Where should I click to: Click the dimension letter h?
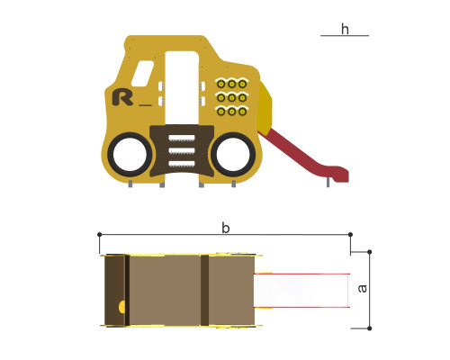[345, 29]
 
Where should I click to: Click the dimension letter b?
[226, 228]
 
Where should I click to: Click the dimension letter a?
[363, 288]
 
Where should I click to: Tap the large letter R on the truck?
[122, 97]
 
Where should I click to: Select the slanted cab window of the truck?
[142, 74]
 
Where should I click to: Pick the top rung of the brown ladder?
[182, 138]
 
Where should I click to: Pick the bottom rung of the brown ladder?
[182, 164]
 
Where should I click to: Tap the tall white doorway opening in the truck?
[182, 87]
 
